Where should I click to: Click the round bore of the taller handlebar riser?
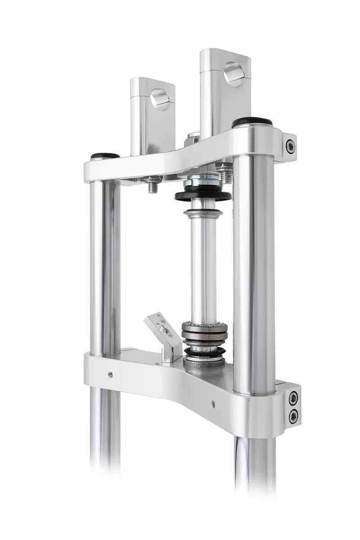[234, 74]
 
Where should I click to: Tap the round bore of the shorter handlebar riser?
[160, 99]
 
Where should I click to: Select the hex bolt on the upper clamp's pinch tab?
[290, 145]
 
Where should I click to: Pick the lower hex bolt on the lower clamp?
[293, 415]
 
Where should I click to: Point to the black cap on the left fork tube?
[105, 157]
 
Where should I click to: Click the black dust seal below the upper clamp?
[203, 196]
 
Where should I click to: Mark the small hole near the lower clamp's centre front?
[213, 404]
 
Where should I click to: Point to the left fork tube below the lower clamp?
[104, 432]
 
